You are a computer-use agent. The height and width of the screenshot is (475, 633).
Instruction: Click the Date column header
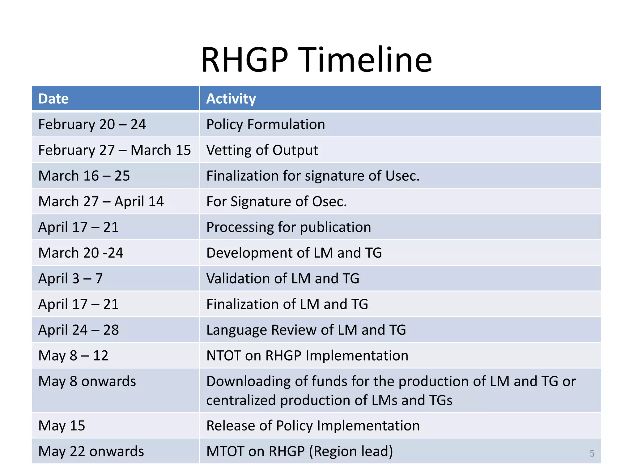53,99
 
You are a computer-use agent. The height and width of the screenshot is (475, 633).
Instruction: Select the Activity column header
231,99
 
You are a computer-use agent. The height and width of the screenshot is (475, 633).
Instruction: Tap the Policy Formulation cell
266,124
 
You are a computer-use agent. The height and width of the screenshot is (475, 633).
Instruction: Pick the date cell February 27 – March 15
114,150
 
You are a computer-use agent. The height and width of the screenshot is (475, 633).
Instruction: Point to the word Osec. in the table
329,201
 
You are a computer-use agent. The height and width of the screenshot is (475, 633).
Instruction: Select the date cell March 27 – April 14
101,201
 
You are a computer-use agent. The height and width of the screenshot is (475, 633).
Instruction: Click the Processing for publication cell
288,227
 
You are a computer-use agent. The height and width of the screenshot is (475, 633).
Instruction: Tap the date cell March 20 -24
81,253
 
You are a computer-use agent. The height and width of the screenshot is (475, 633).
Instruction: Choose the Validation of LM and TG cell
283,278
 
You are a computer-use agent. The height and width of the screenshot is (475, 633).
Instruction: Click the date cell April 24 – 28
79,330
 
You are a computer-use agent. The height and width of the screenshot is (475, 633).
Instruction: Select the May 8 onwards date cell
87,381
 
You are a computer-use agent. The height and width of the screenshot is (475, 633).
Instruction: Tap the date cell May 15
62,426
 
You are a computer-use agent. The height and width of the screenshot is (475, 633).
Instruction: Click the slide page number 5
592,453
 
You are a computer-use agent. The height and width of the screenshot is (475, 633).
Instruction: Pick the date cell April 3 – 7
70,278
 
